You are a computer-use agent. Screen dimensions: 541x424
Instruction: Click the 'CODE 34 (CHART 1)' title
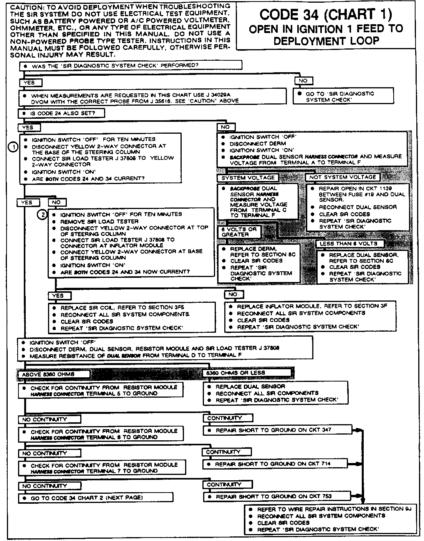pos(326,15)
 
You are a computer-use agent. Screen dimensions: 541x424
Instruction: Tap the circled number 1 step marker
pos(13,147)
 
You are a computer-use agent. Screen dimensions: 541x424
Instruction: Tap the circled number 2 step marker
pos(42,214)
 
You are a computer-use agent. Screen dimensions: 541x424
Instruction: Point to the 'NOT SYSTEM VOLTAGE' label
pos(343,177)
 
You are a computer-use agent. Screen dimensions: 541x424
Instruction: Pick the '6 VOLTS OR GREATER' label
pos(238,232)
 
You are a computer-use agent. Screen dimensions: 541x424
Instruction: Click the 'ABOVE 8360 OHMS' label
pos(54,374)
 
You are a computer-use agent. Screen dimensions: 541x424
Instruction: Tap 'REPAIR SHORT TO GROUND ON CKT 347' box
pos(277,430)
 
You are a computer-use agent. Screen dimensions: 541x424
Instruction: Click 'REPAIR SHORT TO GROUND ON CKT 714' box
pos(277,464)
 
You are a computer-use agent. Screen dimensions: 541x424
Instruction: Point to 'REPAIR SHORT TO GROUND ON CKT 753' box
pos(277,496)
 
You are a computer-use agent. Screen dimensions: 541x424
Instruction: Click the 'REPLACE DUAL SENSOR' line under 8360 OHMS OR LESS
pos(250,387)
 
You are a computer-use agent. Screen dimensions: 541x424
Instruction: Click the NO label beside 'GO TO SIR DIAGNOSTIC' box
pos(303,81)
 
